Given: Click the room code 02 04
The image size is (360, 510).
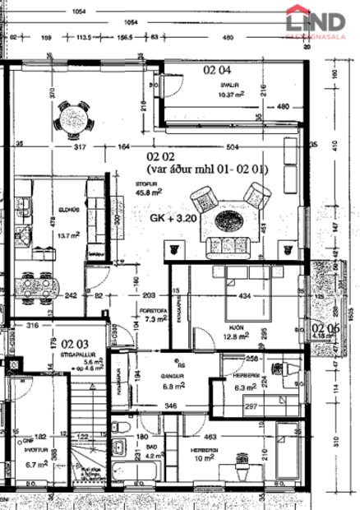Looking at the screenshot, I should (218, 71).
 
